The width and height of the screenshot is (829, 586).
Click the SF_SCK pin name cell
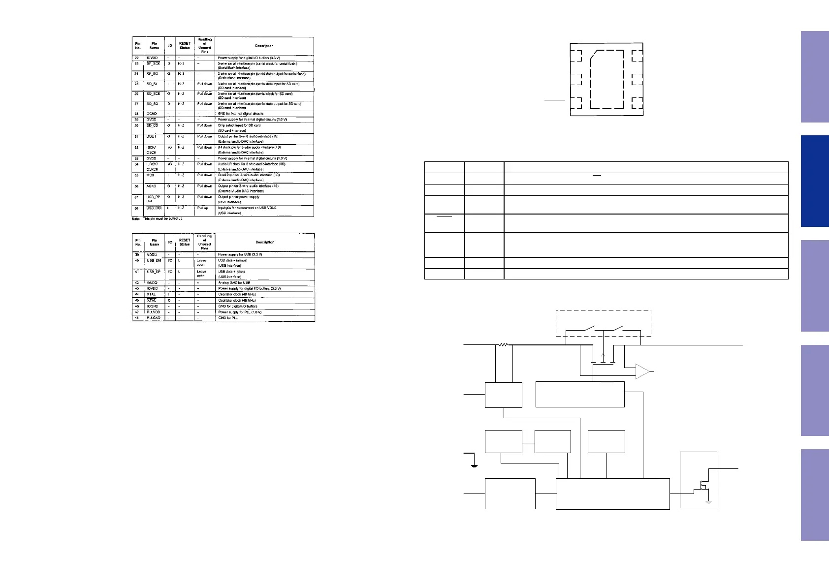tap(153, 64)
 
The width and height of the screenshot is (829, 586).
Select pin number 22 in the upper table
tap(137, 58)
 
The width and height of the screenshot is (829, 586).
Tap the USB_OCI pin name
tap(154, 208)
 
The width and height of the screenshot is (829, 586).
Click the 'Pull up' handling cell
tap(203, 208)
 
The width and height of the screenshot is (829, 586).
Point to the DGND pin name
tap(152, 114)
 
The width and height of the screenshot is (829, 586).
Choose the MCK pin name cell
tap(150, 175)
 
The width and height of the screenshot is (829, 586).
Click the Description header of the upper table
tap(264, 46)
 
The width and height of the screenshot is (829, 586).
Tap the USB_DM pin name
tap(154, 261)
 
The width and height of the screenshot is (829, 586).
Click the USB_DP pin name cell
tap(154, 272)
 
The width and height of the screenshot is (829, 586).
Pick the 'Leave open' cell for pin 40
tap(201, 263)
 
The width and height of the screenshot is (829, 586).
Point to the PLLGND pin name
tap(153, 318)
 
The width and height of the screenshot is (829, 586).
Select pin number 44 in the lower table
tap(137, 294)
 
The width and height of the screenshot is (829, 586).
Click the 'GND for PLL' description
tap(228, 318)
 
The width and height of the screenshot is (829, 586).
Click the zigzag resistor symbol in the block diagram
tap(503, 345)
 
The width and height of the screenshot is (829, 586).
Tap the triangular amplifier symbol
tap(642, 371)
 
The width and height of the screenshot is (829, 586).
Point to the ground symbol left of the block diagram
tap(474, 464)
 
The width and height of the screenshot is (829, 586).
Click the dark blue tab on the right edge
tap(814, 181)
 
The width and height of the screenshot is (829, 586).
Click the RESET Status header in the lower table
tap(185, 242)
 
